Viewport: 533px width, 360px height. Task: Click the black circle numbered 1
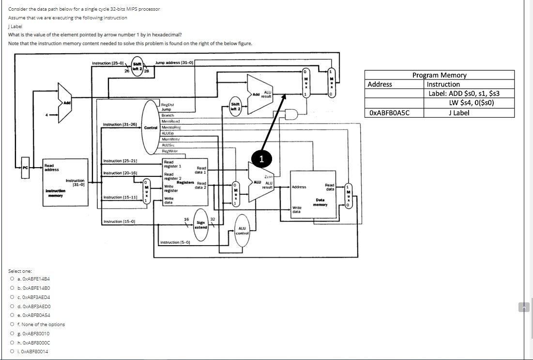(261, 159)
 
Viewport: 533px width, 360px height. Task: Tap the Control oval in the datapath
(151, 127)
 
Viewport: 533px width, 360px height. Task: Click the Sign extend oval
(201, 225)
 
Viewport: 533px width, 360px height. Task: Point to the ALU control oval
(242, 231)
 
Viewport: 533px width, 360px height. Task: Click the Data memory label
(320, 202)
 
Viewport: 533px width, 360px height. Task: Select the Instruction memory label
(54, 193)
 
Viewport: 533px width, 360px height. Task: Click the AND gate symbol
(291, 114)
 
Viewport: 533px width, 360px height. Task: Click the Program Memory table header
(439, 75)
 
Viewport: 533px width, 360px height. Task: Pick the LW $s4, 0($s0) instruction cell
(468, 103)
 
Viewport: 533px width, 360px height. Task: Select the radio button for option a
(12, 279)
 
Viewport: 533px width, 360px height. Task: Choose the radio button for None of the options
(12, 325)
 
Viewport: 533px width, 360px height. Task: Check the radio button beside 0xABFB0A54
(12, 315)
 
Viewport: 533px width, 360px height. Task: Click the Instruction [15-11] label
(120, 197)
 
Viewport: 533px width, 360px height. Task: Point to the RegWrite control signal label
(169, 151)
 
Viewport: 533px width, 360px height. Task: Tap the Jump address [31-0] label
(174, 63)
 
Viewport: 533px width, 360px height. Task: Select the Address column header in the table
(380, 84)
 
